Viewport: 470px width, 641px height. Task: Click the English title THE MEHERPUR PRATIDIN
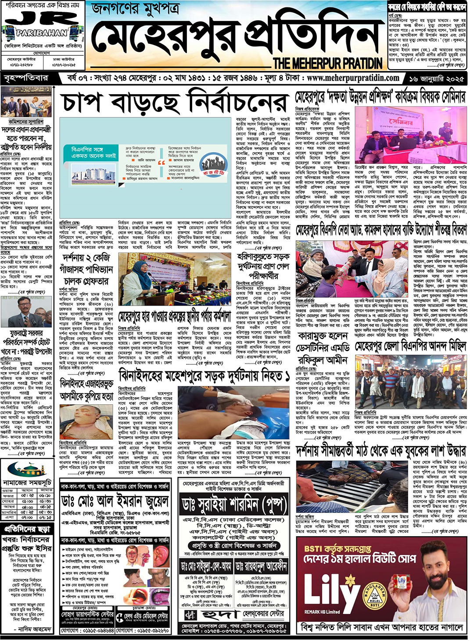[327, 63]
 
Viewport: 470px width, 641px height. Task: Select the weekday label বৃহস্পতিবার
[26, 78]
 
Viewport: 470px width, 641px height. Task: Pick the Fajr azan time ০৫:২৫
[27, 495]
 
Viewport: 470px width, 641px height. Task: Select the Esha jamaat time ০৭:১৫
[45, 517]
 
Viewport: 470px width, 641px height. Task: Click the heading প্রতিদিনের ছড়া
[27, 528]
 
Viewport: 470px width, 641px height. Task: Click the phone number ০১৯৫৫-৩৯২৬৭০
[147, 630]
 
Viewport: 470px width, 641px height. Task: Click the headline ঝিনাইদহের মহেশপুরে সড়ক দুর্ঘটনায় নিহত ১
[204, 376]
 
